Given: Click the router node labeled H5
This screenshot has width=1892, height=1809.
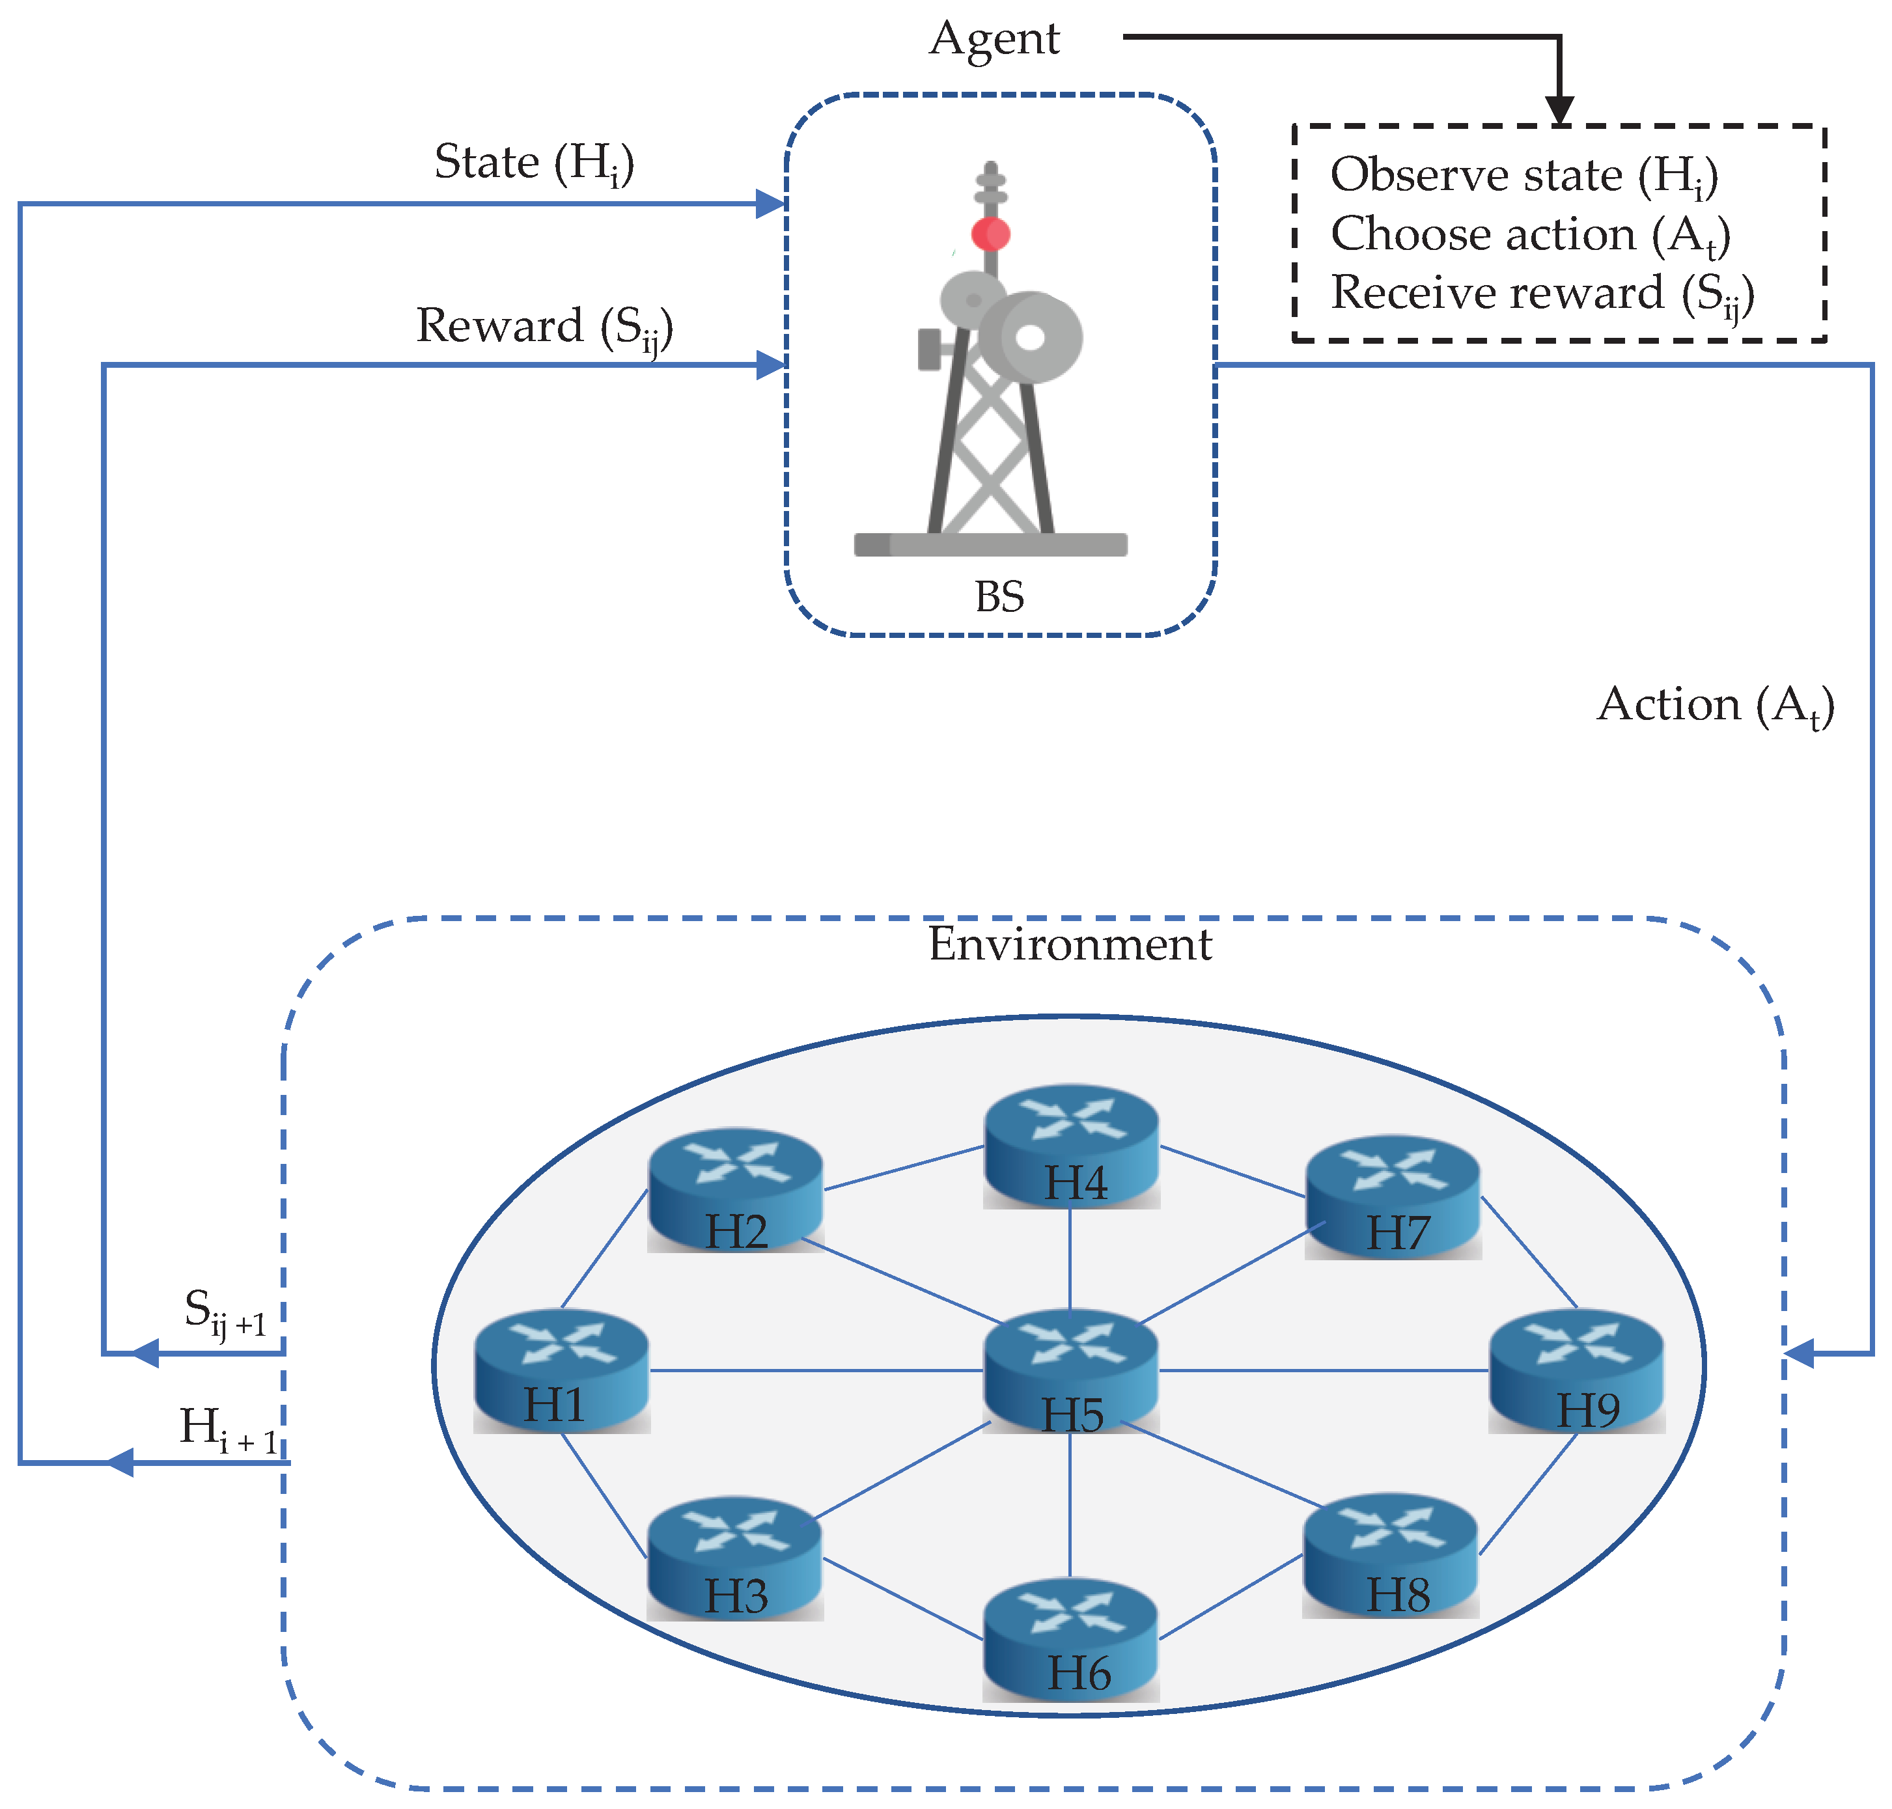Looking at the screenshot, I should (x=1070, y=1370).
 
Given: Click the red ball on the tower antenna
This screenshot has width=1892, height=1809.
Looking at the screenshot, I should (x=990, y=233).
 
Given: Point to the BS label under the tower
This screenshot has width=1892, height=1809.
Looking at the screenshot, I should (x=998, y=597).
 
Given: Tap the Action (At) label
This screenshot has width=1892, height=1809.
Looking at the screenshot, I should (x=1714, y=706).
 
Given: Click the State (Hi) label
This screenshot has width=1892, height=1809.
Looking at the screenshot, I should (x=533, y=163).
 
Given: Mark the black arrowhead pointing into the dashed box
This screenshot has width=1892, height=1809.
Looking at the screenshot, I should (x=1559, y=110).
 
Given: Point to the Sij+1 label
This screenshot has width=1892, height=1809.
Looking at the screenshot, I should (x=225, y=1314).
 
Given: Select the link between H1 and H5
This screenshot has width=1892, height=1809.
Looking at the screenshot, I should (x=815, y=1370).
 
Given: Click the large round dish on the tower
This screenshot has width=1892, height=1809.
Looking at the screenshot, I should (x=1031, y=337).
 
